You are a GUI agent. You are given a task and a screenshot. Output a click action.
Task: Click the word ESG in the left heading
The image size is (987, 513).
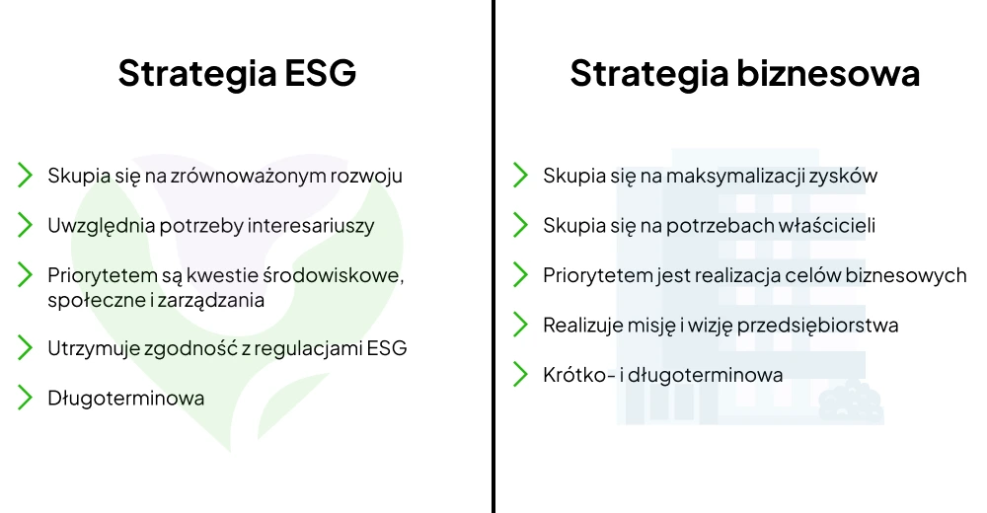(321, 72)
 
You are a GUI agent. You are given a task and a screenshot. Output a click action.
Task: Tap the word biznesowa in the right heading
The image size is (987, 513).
(828, 72)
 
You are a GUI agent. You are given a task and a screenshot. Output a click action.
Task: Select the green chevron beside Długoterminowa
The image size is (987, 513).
(26, 398)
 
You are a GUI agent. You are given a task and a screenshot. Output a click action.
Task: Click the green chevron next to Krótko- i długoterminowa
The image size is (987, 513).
(520, 374)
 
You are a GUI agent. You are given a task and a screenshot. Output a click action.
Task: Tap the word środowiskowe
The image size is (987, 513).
(333, 275)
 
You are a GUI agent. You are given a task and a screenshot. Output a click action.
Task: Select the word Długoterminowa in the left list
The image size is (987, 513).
(126, 398)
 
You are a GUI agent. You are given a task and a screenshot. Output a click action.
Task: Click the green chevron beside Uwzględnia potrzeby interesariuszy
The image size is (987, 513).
(26, 225)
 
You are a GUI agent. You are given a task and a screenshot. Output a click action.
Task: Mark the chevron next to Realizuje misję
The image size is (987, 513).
(520, 325)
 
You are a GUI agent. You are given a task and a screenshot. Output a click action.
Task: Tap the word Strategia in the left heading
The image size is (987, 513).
(197, 73)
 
